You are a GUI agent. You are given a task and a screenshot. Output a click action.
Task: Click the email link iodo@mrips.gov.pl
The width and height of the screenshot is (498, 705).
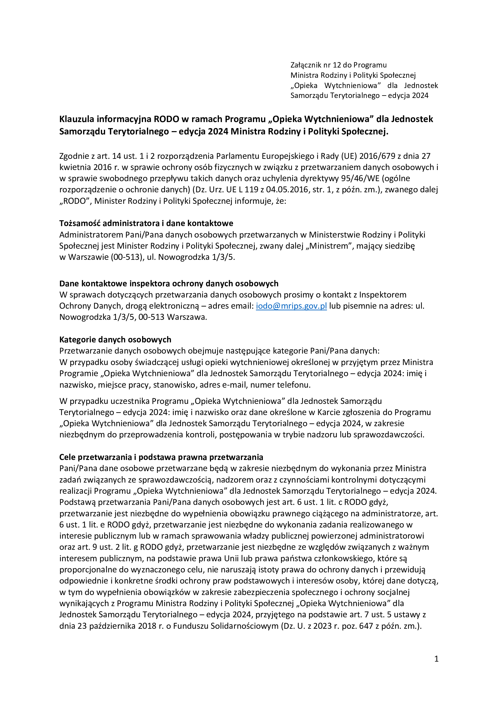click(x=291, y=306)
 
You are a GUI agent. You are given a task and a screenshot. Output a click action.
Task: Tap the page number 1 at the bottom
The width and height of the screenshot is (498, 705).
click(x=436, y=659)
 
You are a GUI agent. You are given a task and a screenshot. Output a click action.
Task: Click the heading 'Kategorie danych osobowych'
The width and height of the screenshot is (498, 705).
click(x=115, y=340)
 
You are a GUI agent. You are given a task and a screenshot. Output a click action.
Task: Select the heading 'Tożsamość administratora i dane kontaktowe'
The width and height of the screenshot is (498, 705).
click(x=146, y=223)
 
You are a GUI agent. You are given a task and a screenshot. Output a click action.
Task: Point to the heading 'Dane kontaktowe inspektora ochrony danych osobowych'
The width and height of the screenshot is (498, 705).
click(x=169, y=283)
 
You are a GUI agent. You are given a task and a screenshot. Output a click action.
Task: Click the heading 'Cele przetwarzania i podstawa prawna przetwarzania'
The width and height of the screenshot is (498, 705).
click(x=161, y=457)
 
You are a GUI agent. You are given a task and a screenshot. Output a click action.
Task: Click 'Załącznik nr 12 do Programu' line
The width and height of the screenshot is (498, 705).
click(x=338, y=65)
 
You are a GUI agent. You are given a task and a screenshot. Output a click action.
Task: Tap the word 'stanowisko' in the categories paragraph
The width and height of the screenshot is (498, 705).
click(x=174, y=385)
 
